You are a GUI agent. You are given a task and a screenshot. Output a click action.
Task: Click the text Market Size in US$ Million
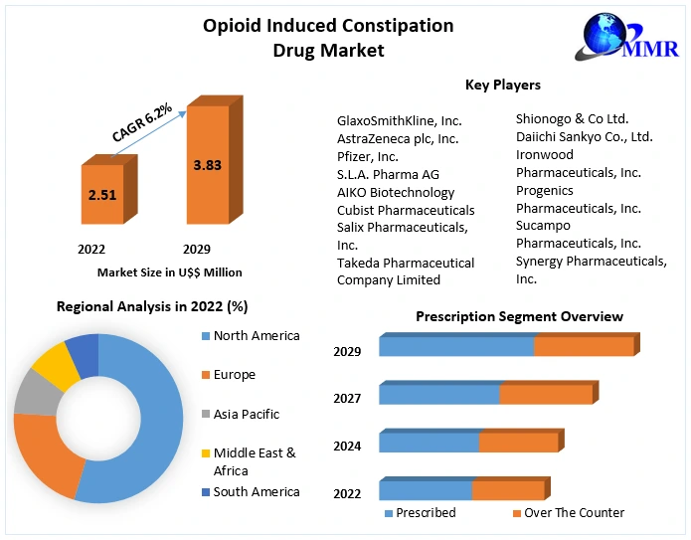pos(169,271)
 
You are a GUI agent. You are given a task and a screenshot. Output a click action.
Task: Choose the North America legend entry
pos(256,336)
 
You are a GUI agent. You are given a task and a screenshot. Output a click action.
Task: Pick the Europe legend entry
pos(234,375)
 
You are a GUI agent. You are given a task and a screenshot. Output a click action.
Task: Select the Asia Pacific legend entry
pos(246,414)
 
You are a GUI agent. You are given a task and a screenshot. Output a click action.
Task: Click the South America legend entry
pos(256,492)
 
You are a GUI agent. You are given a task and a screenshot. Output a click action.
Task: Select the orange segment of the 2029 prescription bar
pos(584,346)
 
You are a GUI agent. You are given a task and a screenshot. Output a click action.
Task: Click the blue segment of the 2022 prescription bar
pos(426,490)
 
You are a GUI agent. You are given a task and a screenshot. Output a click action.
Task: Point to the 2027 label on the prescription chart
pos(347,398)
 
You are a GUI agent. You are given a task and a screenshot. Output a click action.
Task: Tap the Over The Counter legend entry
pos(574,513)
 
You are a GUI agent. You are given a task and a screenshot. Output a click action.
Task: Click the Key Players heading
pos(503,86)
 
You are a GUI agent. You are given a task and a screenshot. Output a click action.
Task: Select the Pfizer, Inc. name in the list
pos(368,157)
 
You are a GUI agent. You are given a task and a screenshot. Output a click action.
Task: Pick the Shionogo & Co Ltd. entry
pos(572,119)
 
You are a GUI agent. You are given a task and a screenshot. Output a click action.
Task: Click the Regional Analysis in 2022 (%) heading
pos(152,307)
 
